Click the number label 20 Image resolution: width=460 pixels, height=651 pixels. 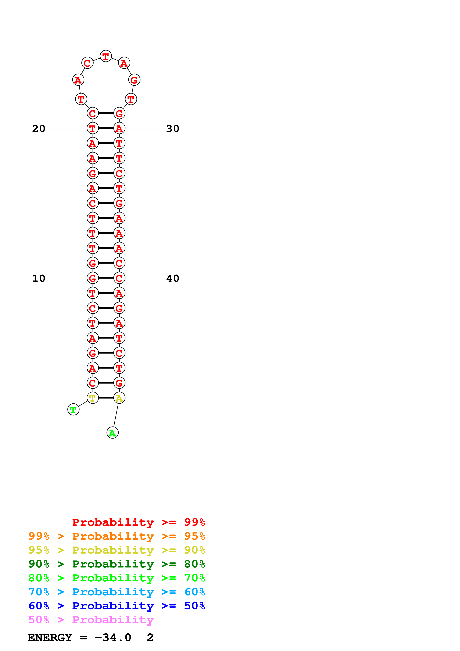click(x=39, y=128)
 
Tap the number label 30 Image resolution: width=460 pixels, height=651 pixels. click(x=172, y=128)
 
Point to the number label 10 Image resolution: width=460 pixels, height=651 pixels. click(x=39, y=278)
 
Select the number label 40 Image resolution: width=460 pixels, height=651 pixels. click(x=172, y=278)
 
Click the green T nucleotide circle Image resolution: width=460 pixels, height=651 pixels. click(x=73, y=409)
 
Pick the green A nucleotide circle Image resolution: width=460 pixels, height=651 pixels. click(x=112, y=433)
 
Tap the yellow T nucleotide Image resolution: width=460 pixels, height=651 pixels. click(x=92, y=398)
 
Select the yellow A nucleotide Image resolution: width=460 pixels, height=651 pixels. click(x=119, y=398)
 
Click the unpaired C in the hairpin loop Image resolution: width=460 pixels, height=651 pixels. click(x=87, y=63)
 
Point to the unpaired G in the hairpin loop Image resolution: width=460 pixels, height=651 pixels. click(x=134, y=80)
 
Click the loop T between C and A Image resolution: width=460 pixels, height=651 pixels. click(x=106, y=56)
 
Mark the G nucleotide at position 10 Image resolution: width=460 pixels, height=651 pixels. click(x=92, y=278)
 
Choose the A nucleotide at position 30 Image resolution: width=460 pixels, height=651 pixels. click(x=119, y=128)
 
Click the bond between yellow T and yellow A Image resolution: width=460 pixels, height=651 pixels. click(x=106, y=398)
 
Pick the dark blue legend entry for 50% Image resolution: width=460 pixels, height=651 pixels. click(x=117, y=606)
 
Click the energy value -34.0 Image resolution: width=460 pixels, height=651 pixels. click(x=113, y=637)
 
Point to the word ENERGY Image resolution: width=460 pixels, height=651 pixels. click(x=50, y=637)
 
